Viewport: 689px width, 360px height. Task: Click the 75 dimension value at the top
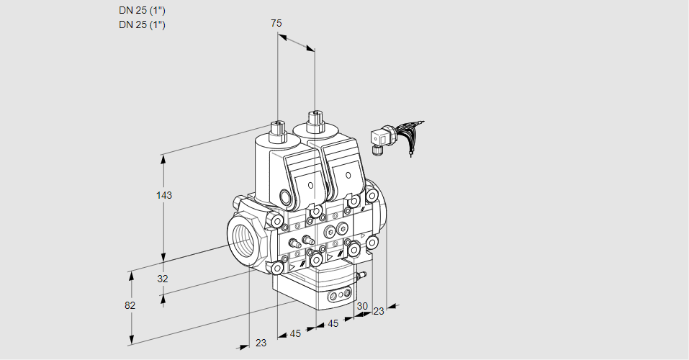pos(276,23)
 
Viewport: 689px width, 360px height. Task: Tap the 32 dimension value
pos(163,279)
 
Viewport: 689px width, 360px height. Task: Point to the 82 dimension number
pos(130,305)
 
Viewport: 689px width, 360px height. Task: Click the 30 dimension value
pos(361,306)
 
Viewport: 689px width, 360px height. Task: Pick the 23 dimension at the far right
pos(379,311)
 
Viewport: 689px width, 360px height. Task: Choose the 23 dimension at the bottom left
pos(261,343)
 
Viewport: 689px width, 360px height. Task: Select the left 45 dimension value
pos(295,333)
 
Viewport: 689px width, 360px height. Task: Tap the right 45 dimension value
pos(333,324)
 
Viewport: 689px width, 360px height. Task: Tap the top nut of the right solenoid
pos(315,119)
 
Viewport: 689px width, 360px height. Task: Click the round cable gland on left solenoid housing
pos(287,198)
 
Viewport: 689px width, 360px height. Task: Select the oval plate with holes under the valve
pos(339,295)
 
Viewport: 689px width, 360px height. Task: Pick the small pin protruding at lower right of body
pos(363,274)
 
